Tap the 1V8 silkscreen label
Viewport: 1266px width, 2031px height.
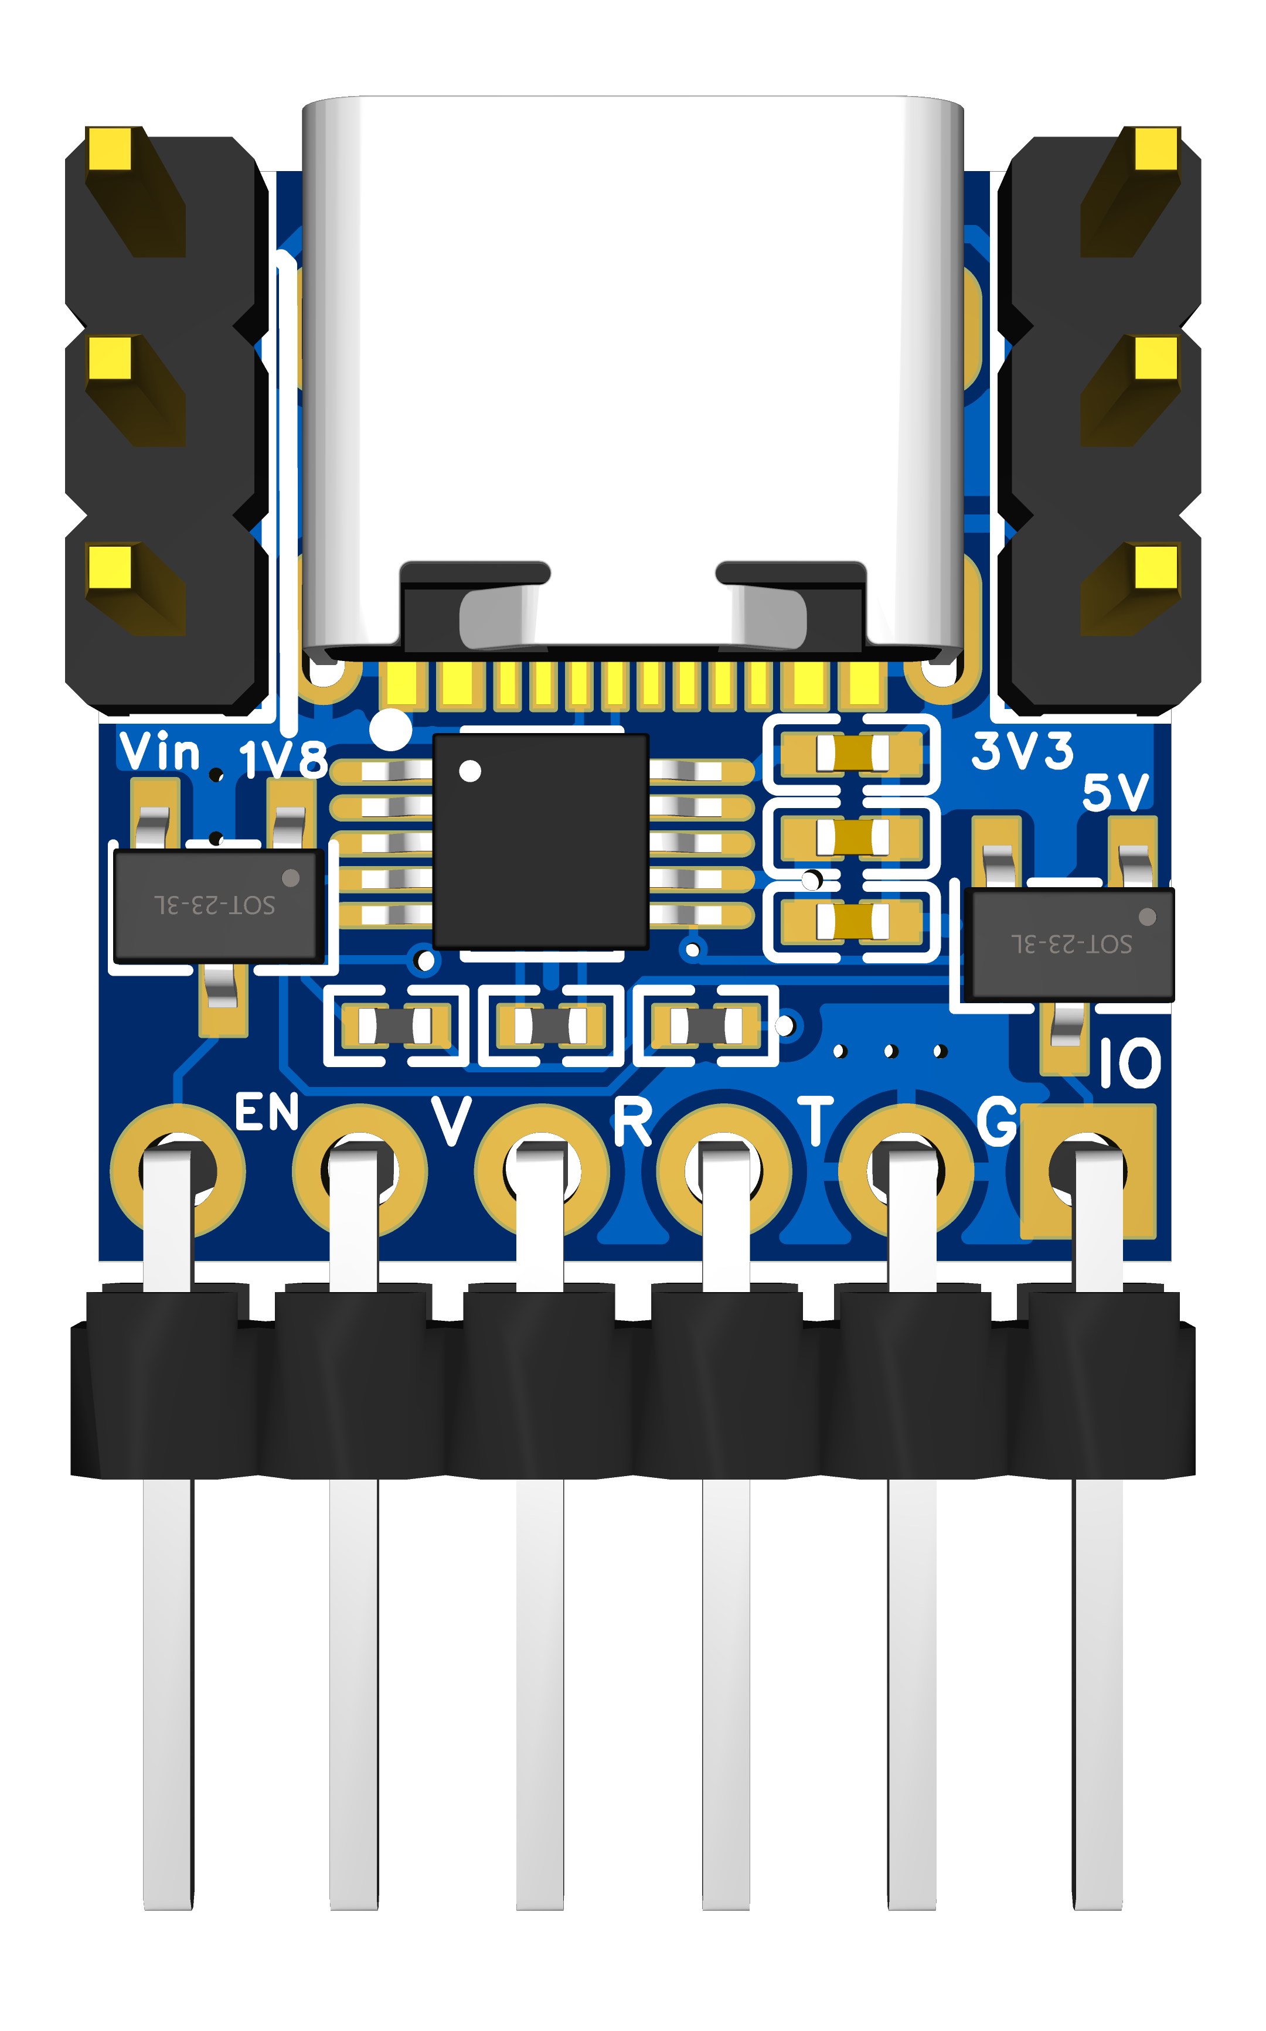coord(283,760)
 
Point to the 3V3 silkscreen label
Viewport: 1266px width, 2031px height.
coord(1022,750)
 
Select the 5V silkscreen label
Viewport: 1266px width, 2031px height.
coord(1116,792)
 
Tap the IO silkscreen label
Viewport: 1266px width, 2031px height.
coord(1129,1063)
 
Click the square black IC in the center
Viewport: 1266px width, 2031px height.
coord(540,841)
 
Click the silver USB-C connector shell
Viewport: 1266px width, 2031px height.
coord(632,377)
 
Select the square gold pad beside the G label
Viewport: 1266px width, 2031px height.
coord(1088,1171)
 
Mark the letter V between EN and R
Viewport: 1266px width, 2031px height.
coord(451,1120)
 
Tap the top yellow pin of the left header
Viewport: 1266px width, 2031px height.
coord(110,148)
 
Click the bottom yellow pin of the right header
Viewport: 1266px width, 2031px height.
coord(1156,567)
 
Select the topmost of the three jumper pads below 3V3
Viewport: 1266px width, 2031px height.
coord(852,754)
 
